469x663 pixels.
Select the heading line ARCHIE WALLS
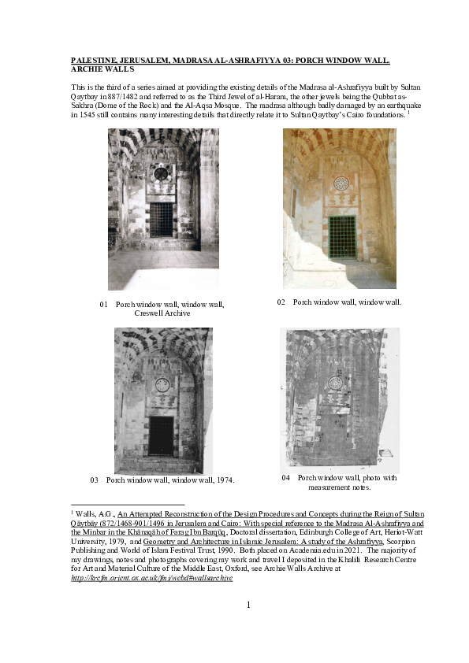104,69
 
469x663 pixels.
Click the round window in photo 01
161,173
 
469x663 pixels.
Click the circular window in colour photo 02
341,183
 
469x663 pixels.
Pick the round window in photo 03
162,385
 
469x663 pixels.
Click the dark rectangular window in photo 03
161,435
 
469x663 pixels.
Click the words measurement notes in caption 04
340,487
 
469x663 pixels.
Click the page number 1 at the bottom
248,604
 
